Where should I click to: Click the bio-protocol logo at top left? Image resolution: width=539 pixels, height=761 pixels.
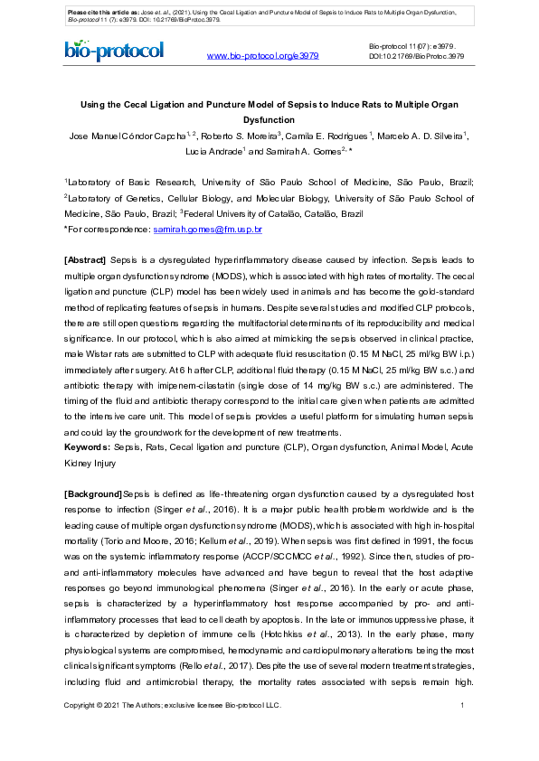(114, 51)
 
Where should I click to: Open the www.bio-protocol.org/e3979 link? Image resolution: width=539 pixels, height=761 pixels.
(262, 56)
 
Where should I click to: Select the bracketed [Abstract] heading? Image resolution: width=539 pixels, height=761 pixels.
(86, 260)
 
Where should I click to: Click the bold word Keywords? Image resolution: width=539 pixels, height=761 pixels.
(87, 447)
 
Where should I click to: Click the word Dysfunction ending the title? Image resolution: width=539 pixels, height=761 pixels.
(269, 119)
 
